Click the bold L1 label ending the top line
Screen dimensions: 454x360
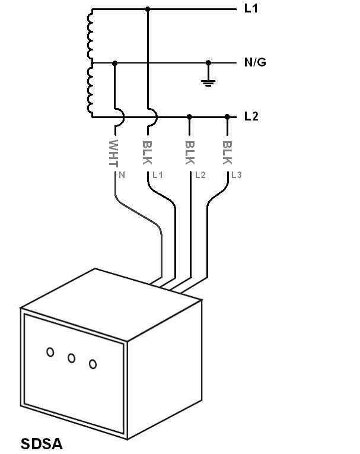click(x=251, y=9)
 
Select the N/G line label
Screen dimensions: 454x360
click(x=255, y=62)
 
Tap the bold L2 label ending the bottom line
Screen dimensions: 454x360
click(x=251, y=116)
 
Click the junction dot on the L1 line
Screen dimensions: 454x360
click(x=148, y=9)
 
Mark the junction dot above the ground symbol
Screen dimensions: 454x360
click(x=208, y=62)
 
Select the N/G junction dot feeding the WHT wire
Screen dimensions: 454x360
click(x=114, y=62)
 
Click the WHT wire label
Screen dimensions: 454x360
click(x=114, y=153)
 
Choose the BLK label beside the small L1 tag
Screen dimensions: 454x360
click(x=148, y=153)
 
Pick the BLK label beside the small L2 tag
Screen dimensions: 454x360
click(x=190, y=153)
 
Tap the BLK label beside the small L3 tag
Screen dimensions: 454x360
click(x=227, y=153)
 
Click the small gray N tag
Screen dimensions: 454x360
click(x=122, y=175)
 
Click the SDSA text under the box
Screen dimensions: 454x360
click(x=42, y=443)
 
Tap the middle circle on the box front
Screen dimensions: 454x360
click(x=71, y=358)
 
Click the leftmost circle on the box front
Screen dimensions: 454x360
click(x=50, y=353)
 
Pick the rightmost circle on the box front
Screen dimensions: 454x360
click(x=93, y=364)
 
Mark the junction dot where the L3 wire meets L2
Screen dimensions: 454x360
click(x=227, y=116)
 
